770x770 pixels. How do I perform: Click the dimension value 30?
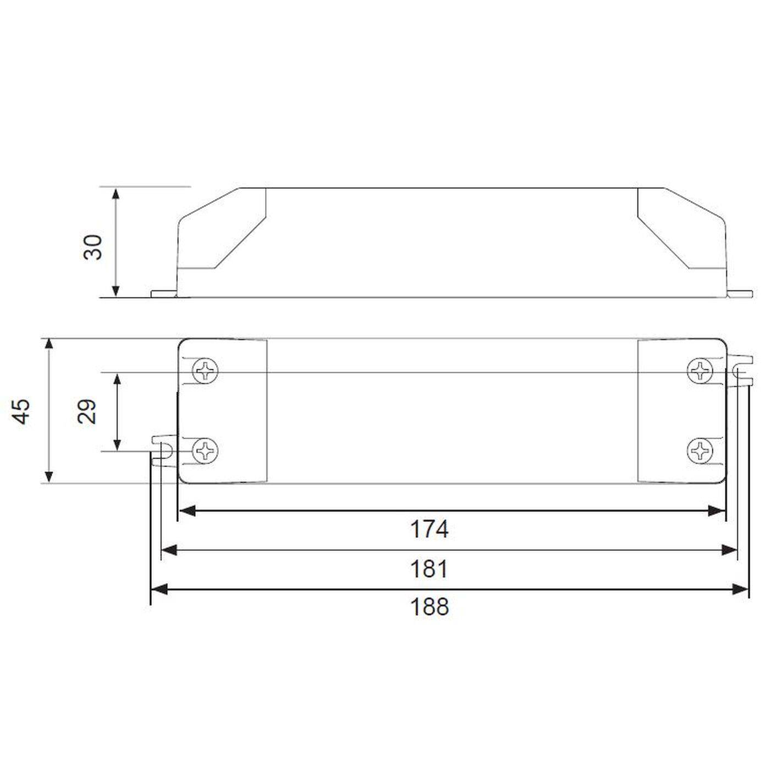[93, 247]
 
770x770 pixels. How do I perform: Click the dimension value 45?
[22, 411]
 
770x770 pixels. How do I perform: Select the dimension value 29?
[87, 411]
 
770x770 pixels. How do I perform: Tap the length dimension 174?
[430, 529]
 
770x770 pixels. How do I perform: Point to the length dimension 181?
[430, 568]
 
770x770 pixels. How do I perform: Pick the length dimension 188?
[430, 607]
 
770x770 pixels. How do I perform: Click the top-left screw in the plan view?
[206, 371]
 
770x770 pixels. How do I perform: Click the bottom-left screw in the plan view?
[206, 450]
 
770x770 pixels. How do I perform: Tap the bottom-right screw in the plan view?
[700, 450]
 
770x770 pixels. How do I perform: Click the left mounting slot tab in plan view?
[162, 448]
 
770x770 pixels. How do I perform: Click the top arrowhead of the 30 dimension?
[116, 194]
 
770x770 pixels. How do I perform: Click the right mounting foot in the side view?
[740, 294]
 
